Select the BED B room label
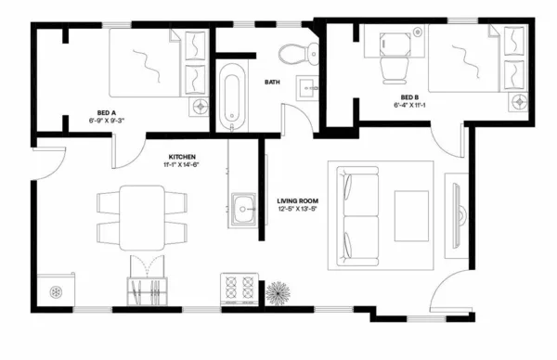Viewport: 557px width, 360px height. point(409,97)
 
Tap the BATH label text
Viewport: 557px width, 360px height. point(272,82)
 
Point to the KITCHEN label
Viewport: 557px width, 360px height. point(182,156)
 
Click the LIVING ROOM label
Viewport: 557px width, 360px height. point(298,200)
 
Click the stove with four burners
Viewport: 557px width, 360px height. point(240,289)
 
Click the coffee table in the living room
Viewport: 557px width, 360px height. point(411,214)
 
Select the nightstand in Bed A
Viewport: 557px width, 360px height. point(199,106)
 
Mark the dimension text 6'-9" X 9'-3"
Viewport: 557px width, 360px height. point(107,121)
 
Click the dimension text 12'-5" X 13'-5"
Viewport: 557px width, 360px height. point(298,209)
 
